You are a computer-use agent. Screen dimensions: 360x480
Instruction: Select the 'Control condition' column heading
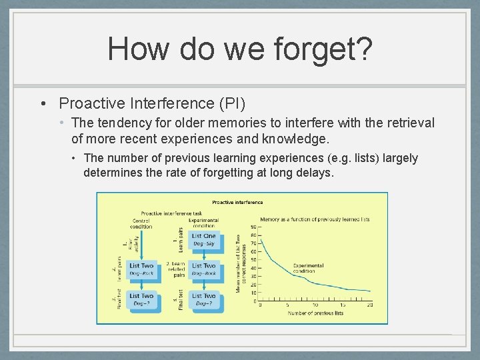141,223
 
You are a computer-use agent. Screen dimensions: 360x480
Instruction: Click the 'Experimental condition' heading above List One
203,223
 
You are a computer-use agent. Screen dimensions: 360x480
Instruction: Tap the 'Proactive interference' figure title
237,202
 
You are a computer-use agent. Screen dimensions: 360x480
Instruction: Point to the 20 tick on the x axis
369,305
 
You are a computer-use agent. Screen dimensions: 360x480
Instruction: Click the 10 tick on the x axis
315,305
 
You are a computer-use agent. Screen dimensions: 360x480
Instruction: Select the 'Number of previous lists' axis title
315,313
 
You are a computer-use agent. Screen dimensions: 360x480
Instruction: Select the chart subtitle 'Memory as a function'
315,219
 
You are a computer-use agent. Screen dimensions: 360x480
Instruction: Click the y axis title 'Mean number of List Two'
238,263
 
